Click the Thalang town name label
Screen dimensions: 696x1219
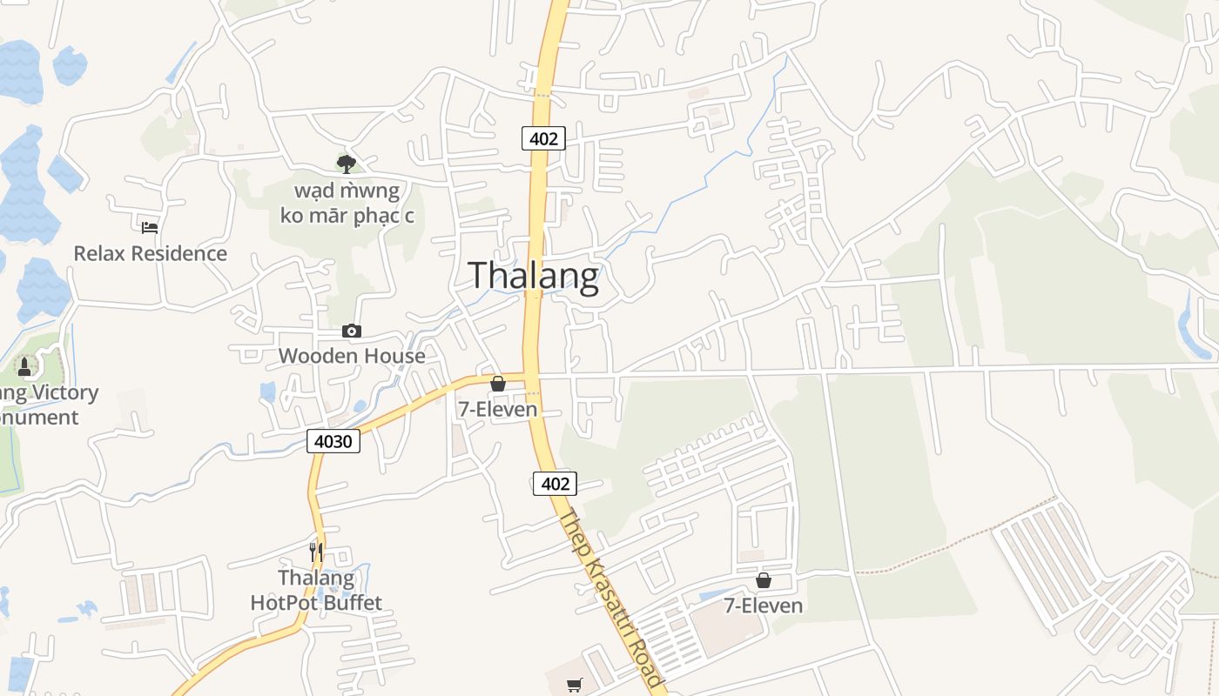pos(534,276)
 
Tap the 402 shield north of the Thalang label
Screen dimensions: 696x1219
pos(543,137)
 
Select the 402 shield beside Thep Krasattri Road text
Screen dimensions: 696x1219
pos(555,484)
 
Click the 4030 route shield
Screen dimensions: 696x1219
pos(333,441)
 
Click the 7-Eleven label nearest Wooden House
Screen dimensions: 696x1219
pos(498,409)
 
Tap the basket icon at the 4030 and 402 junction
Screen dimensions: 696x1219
pos(498,384)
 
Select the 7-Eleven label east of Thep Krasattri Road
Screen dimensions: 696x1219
pos(764,606)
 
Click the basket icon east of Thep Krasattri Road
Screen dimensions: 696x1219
pos(764,580)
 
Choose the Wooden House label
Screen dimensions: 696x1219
pos(352,356)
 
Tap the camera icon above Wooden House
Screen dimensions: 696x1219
pos(352,331)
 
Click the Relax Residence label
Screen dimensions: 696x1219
pos(150,253)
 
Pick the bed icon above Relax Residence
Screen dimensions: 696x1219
pos(150,228)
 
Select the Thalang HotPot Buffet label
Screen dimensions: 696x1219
pos(316,590)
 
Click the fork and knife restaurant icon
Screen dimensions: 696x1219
pos(316,552)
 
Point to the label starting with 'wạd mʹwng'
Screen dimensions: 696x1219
pos(347,203)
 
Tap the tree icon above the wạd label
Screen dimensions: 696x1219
pos(347,164)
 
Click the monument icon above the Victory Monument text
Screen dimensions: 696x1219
pos(24,367)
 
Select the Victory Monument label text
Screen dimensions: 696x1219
pos(44,405)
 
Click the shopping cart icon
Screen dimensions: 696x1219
pos(574,686)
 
